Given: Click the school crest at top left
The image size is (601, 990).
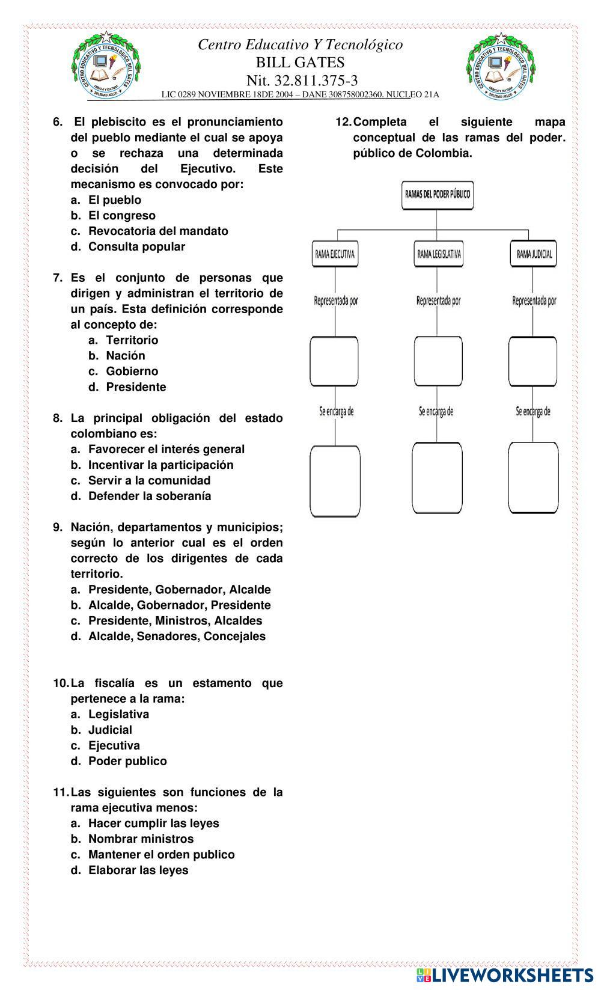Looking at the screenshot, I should coord(106,66).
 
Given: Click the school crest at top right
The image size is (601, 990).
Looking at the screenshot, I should coord(501,66).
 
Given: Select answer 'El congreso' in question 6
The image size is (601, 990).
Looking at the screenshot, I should coord(121,215).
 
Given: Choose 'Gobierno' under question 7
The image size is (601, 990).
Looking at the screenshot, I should coord(132,371).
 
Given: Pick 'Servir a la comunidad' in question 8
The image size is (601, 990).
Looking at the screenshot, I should coord(149,480).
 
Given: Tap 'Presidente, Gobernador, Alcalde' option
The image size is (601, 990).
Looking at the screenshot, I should coord(179,590).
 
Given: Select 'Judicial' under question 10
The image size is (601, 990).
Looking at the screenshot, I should coord(110,730).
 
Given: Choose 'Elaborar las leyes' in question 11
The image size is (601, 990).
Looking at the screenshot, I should coord(138,870).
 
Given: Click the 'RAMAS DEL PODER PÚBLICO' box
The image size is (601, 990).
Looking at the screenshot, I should coord(437,195).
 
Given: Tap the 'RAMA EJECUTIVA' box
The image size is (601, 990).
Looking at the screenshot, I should coord(335,254).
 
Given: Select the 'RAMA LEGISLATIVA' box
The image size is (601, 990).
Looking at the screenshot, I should coord(439,254).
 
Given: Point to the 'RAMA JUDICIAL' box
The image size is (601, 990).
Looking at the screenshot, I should coord(534,254).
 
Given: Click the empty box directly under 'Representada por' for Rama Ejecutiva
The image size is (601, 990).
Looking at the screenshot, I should coord(334,362).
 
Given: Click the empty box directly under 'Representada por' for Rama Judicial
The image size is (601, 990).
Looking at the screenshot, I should coord(532,362).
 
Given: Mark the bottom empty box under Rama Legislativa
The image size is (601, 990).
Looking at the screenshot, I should coord(437,477).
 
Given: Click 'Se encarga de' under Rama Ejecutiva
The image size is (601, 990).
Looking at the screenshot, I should coord(336,411).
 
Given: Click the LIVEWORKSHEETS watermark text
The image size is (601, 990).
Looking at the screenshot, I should coord(511,975).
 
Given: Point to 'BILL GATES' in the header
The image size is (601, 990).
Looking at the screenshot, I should coord(300,63).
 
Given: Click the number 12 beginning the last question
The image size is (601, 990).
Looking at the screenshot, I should coord(343,122).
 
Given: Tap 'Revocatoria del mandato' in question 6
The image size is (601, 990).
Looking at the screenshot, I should coord(158,231).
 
